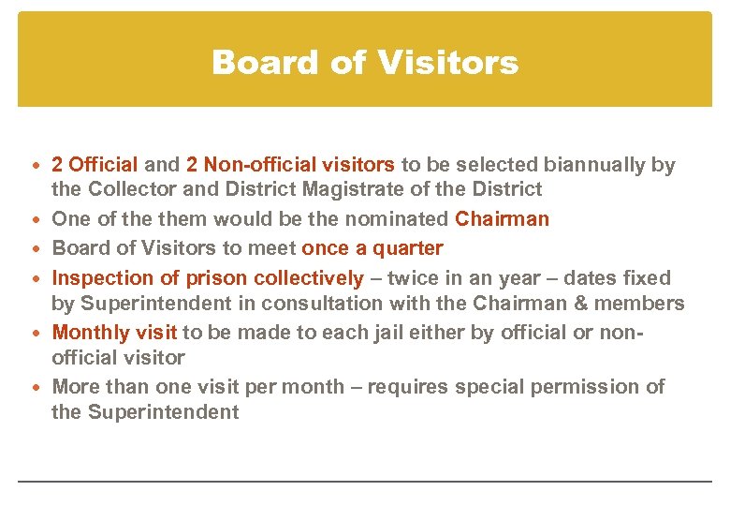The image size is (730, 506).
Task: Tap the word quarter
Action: pyautogui.click(x=407, y=248)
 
